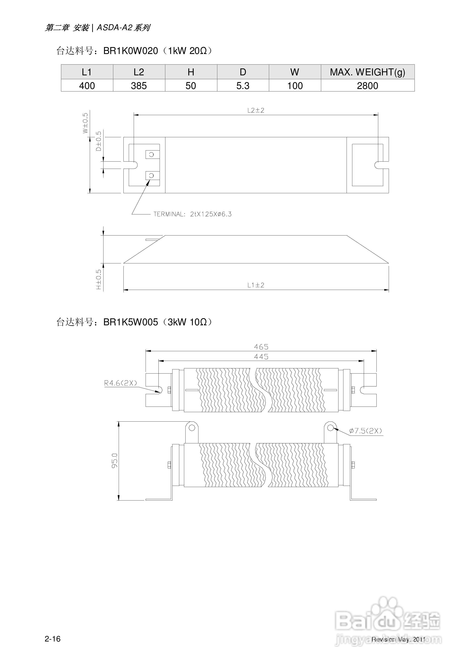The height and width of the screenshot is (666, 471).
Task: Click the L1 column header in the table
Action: [87, 72]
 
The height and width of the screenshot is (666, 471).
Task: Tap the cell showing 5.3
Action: [243, 86]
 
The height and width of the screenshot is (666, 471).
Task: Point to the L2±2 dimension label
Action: [256, 110]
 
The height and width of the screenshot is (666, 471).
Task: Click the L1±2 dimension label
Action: [256, 285]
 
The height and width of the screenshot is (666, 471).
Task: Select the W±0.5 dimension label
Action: [85, 123]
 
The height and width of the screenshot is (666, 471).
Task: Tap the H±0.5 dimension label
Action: [99, 280]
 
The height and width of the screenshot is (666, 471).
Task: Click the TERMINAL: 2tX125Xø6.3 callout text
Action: [192, 214]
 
